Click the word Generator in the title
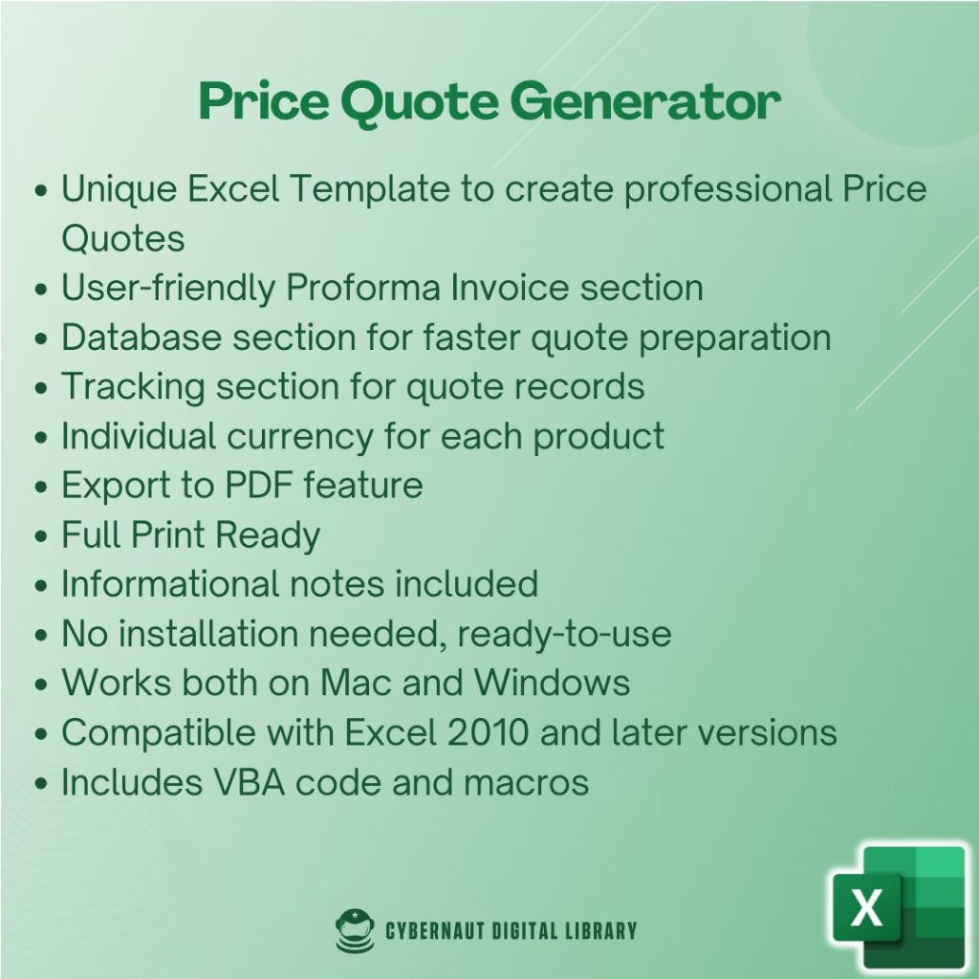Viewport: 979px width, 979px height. pos(645,101)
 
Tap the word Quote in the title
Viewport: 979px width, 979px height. pos(420,103)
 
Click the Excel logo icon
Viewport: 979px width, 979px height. pos(899,906)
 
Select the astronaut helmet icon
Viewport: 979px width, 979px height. pos(355,930)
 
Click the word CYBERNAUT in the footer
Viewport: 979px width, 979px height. pos(435,931)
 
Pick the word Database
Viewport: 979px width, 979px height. pos(141,337)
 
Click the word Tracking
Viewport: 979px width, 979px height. pos(133,388)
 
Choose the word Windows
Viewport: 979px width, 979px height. pos(552,683)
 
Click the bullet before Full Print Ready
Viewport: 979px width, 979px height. pos(41,536)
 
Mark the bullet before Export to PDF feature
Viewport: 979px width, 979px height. pos(41,487)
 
